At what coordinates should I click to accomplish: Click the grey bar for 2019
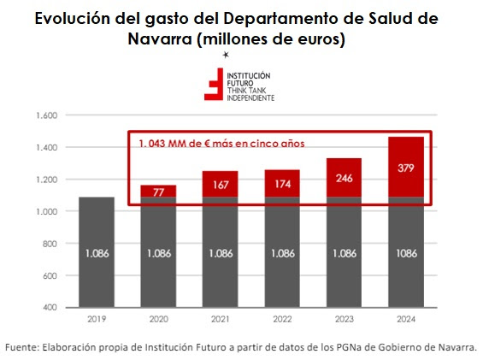click(x=97, y=252)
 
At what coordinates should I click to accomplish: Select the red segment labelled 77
click(x=158, y=192)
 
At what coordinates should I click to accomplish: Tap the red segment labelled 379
click(x=406, y=168)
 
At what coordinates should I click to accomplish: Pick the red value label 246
click(x=344, y=180)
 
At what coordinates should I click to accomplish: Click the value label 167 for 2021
click(x=220, y=185)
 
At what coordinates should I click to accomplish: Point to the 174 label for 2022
click(x=281, y=184)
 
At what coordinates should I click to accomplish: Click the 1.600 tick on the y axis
click(x=44, y=115)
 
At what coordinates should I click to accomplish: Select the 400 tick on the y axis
click(x=49, y=307)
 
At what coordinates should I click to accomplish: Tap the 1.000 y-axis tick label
click(x=44, y=211)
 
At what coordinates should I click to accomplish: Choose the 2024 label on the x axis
click(x=405, y=322)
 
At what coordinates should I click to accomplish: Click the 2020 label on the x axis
click(x=158, y=322)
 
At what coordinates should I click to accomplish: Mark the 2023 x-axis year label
click(x=344, y=322)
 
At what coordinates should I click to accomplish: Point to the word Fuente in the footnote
click(x=23, y=346)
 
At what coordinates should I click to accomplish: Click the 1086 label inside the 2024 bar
click(x=406, y=253)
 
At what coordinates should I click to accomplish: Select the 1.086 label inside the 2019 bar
click(x=97, y=253)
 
